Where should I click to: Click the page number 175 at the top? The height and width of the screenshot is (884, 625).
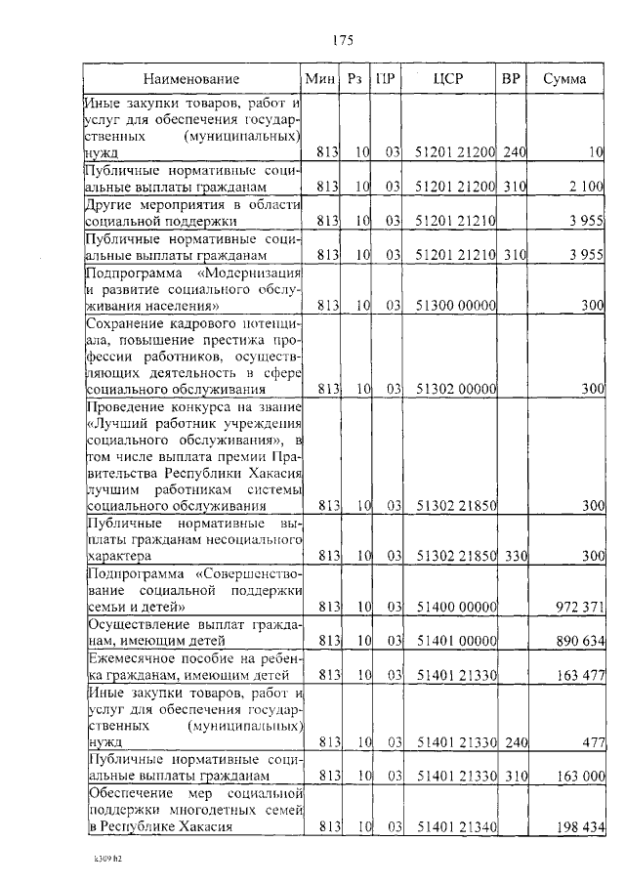click(x=342, y=40)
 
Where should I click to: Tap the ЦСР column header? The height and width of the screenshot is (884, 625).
click(x=451, y=79)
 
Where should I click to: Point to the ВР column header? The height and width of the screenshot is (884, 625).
click(x=510, y=79)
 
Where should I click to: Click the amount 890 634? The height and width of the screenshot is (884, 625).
click(x=580, y=641)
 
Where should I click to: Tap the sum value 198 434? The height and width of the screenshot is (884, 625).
click(x=580, y=827)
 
